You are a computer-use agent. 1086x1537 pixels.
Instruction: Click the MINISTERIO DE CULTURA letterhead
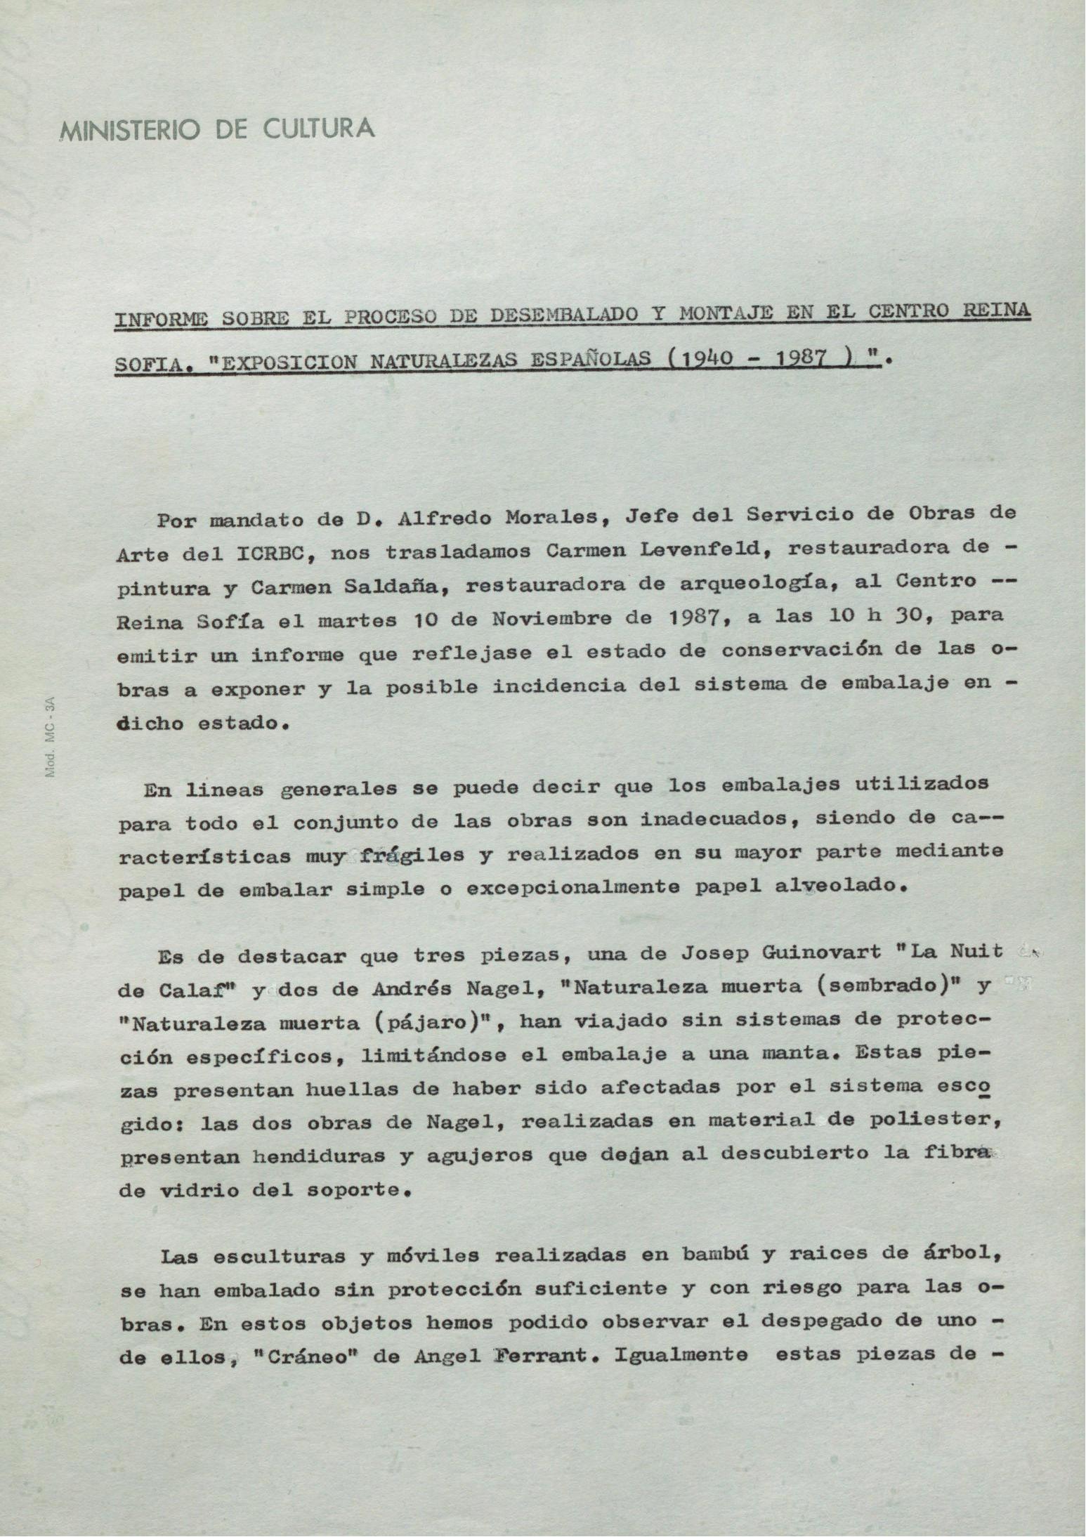coord(217,129)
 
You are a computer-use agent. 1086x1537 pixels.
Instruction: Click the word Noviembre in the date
coord(550,620)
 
